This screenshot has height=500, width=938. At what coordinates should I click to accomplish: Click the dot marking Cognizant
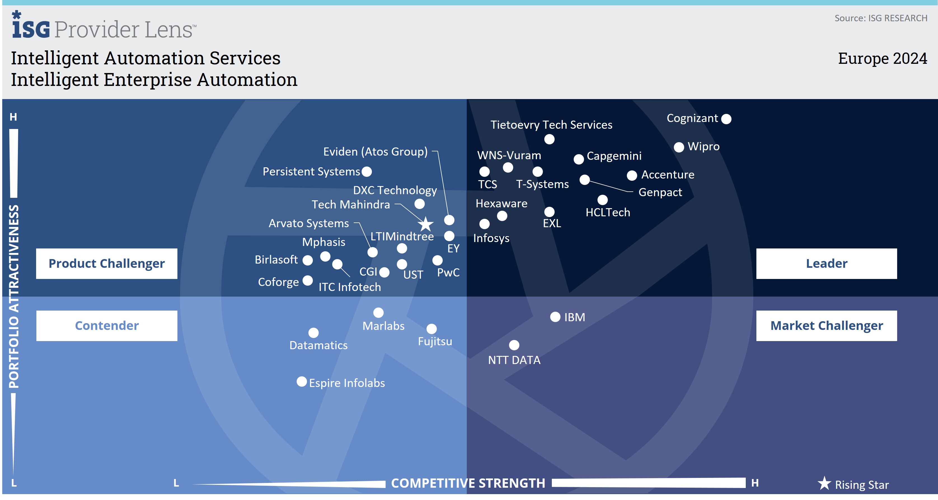coord(726,119)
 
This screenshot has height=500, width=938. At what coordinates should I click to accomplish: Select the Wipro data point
coord(679,147)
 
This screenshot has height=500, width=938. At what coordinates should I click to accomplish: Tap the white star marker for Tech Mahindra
coord(425,224)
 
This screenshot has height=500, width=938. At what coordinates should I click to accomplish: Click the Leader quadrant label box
coord(826,264)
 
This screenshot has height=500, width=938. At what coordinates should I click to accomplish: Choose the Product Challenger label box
coord(107,264)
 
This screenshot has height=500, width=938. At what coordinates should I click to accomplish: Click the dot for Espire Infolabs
coord(301,382)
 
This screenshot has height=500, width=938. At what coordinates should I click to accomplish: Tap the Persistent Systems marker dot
coord(367,172)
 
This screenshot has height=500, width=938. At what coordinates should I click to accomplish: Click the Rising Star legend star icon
coord(824,483)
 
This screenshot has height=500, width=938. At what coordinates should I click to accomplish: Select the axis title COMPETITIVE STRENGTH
coord(468,483)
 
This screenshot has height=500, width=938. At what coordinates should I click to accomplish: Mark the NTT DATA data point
coord(514,345)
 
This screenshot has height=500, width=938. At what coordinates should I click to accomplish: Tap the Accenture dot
coord(632,175)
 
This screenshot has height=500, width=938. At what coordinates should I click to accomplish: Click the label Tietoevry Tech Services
coord(551,125)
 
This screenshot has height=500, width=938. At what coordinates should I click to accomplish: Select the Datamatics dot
coord(313,332)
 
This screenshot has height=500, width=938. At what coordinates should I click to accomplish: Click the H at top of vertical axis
coord(13,117)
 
